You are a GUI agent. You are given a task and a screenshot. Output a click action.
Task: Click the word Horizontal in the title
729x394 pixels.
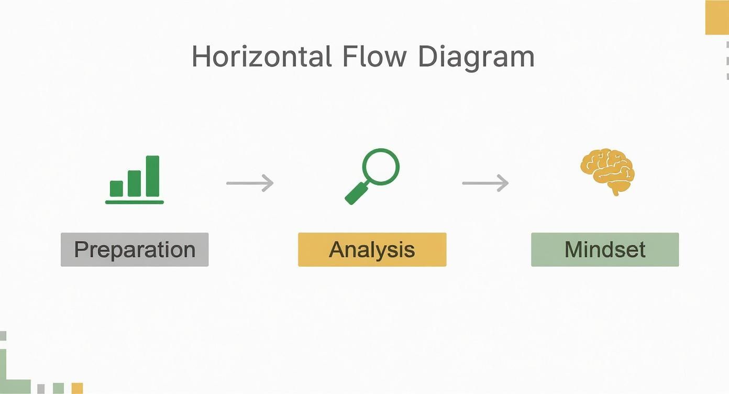pyautogui.click(x=262, y=57)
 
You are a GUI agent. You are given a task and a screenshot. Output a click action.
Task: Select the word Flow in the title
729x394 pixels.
pyautogui.click(x=374, y=57)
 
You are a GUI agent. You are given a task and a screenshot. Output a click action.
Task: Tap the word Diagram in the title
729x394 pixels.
pyautogui.click(x=476, y=58)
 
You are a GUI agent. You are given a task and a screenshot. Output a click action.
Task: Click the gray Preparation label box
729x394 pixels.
pyautogui.click(x=135, y=249)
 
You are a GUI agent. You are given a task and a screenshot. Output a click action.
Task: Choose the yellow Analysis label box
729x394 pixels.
pyautogui.click(x=372, y=249)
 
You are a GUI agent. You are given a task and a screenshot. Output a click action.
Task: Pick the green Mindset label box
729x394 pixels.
pyautogui.click(x=605, y=249)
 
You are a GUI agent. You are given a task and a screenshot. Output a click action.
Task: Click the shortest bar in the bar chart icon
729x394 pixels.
pyautogui.click(x=116, y=189)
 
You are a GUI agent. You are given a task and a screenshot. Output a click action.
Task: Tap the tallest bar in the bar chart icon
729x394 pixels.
pyautogui.click(x=152, y=176)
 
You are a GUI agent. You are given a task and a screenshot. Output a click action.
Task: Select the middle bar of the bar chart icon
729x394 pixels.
pyautogui.click(x=135, y=183)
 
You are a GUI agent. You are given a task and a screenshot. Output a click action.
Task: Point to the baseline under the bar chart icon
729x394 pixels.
pyautogui.click(x=135, y=202)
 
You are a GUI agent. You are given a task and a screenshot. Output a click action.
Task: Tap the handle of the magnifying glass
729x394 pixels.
pyautogui.click(x=356, y=193)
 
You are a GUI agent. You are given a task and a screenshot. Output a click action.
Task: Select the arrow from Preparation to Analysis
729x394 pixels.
pyautogui.click(x=250, y=183)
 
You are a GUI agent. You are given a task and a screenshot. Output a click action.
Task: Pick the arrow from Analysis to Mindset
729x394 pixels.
pyautogui.click(x=485, y=183)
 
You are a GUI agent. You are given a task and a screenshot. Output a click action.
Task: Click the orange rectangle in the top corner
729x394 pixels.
pyautogui.click(x=717, y=17)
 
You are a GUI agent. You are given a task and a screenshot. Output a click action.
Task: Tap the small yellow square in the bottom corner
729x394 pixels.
pyautogui.click(x=77, y=388)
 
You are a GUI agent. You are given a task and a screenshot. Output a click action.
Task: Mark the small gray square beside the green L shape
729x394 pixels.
pyautogui.click(x=41, y=389)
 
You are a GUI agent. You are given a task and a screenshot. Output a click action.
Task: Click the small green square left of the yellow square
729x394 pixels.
pyautogui.click(x=58, y=388)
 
